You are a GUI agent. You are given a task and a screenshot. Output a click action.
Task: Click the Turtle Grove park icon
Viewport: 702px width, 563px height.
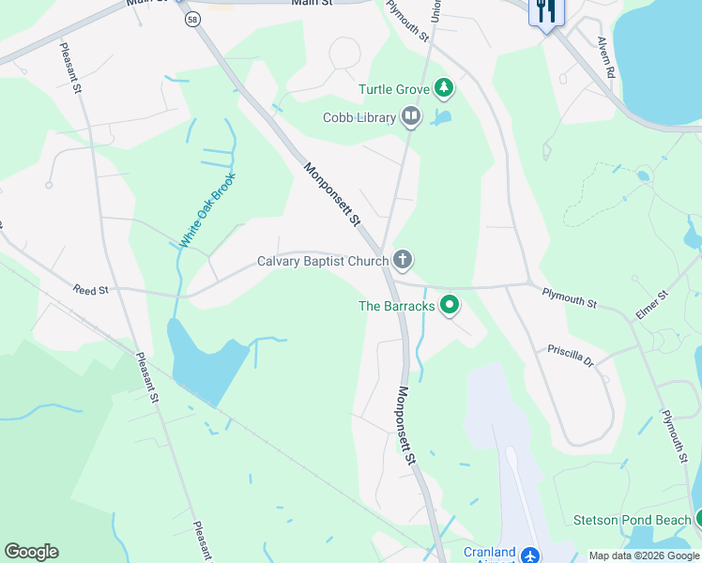click(444, 90)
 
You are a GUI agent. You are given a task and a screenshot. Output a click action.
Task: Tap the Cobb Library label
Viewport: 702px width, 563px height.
click(360, 118)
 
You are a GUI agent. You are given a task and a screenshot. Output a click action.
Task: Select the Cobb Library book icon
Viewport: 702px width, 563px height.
click(410, 117)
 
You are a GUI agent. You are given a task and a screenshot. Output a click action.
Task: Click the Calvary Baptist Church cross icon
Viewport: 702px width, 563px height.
click(403, 259)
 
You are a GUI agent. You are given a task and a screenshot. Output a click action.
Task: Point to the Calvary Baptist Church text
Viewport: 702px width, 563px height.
click(323, 261)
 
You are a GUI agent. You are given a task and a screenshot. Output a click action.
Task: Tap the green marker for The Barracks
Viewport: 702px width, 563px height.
click(450, 304)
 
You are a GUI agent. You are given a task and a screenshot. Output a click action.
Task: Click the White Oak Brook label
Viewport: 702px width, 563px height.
click(207, 210)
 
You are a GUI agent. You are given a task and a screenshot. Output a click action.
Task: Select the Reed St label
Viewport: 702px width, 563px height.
click(91, 291)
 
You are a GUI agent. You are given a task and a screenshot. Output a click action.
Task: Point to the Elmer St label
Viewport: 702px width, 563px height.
click(650, 306)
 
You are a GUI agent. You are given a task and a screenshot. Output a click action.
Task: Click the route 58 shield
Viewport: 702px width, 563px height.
click(191, 19)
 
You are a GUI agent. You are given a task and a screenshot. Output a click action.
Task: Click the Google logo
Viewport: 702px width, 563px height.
click(31, 552)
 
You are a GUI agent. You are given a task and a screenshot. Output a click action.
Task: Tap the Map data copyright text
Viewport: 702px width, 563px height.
click(644, 555)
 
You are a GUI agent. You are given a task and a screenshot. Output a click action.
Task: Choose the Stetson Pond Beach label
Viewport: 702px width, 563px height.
click(633, 520)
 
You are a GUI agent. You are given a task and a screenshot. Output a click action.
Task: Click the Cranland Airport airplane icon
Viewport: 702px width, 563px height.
click(529, 555)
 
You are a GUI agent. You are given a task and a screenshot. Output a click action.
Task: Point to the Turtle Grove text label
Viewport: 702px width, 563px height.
click(393, 90)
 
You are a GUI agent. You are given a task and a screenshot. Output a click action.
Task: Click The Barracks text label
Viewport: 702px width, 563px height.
click(397, 306)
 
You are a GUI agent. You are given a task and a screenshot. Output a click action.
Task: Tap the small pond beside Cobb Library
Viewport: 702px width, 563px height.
click(441, 118)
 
